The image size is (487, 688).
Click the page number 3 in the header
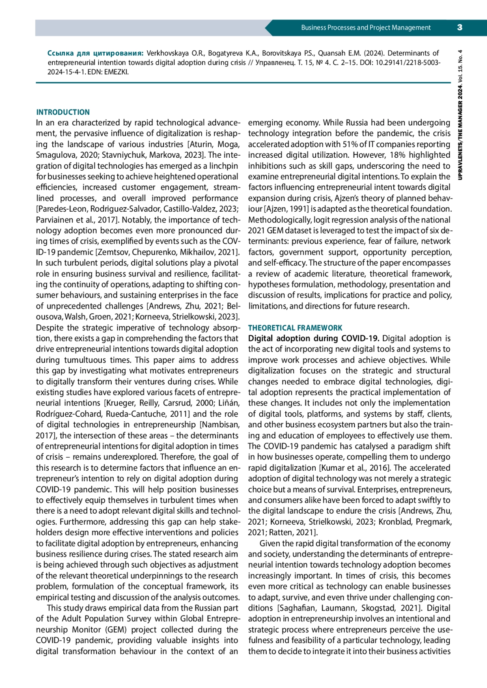459,28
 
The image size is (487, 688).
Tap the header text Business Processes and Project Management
366,28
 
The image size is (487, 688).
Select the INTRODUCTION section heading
63,112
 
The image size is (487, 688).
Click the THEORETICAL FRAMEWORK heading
295,328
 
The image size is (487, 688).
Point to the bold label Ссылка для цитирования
95,53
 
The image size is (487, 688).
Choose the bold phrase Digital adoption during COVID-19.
314,339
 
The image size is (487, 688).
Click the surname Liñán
229,403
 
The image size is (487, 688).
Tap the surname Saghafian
297,608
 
